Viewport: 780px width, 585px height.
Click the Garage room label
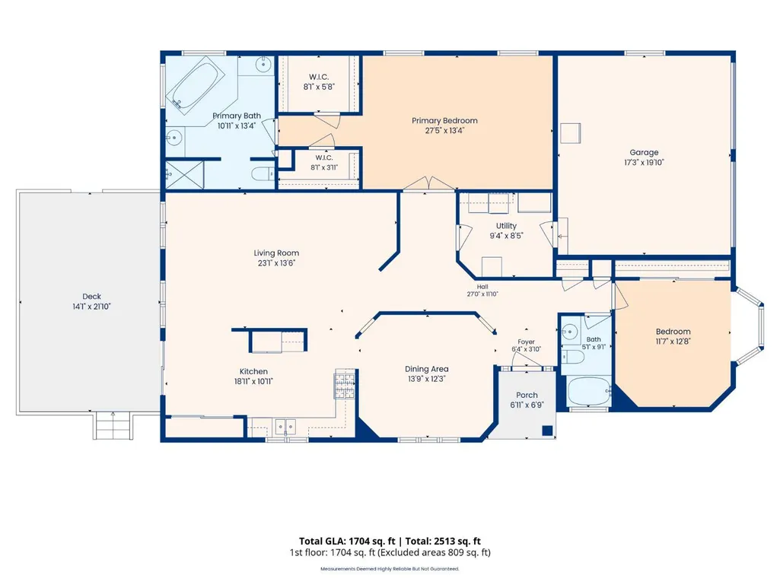[644, 152]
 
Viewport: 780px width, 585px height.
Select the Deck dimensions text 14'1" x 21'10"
[91, 307]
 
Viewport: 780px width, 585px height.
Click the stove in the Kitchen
[344, 384]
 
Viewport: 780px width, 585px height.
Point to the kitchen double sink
[285, 427]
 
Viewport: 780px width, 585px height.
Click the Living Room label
[276, 253]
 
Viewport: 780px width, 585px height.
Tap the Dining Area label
[426, 369]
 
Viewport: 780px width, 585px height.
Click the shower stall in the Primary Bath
[184, 175]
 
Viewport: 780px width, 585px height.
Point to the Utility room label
[506, 226]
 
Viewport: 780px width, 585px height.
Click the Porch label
[527, 395]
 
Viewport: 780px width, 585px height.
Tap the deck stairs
[113, 426]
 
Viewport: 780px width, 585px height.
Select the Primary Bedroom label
[444, 120]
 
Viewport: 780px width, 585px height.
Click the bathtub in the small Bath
[588, 392]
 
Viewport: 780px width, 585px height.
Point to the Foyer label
[526, 342]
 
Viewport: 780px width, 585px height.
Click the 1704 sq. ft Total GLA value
[371, 541]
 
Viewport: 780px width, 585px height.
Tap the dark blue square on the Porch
[548, 431]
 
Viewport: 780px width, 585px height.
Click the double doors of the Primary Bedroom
[428, 183]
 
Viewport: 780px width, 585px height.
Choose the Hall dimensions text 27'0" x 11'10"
[482, 294]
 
